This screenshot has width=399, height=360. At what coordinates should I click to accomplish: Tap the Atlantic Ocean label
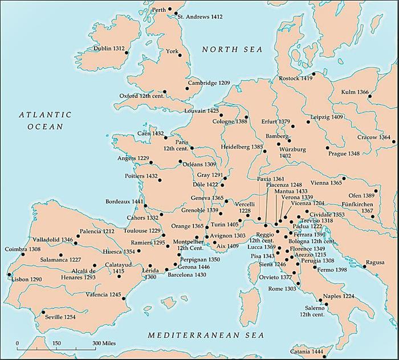click(45, 120)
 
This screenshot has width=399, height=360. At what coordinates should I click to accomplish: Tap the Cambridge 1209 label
click(210, 83)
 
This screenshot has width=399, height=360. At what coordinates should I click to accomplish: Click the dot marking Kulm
click(369, 96)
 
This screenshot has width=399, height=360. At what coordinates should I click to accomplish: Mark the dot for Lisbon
click(10, 275)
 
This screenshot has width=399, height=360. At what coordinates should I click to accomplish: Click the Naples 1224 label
click(339, 296)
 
